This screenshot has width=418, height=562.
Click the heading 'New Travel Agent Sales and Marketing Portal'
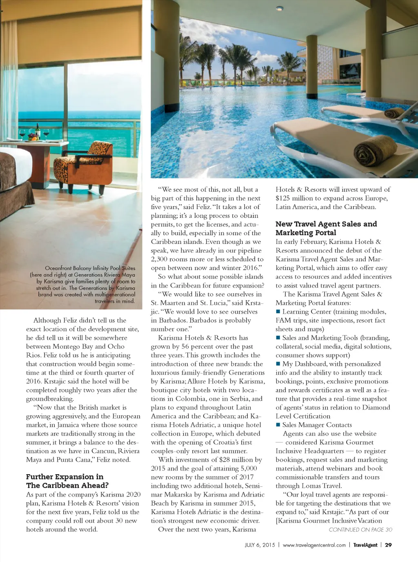326,228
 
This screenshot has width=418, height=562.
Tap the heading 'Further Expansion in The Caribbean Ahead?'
67,481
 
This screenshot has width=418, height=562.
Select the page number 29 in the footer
388,545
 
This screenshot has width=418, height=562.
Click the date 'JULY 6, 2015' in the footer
260,545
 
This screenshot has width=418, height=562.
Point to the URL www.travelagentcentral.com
314,545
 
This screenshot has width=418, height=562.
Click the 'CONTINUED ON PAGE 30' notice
360,530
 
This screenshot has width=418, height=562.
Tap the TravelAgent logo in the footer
365,545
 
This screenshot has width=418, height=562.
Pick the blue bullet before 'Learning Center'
278,312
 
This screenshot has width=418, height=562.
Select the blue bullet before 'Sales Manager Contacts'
278,425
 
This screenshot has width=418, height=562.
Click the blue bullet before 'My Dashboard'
278,364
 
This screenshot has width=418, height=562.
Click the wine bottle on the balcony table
38,130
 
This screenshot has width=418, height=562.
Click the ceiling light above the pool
280,8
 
